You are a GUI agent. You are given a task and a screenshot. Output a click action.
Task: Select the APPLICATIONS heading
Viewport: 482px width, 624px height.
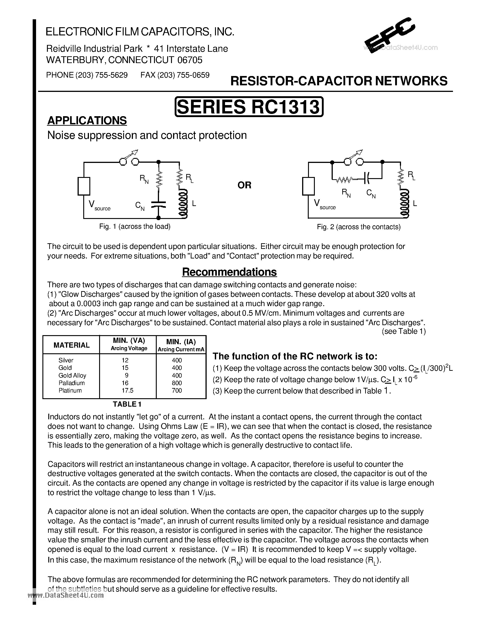(87, 120)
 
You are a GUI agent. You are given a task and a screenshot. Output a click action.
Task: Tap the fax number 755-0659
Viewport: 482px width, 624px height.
(193, 75)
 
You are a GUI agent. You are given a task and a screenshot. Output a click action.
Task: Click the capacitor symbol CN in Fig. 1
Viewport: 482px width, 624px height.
(158, 204)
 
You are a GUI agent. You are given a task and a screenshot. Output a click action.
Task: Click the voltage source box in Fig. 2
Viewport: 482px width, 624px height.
(308, 186)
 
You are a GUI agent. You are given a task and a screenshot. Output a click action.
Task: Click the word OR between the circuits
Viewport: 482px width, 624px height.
(245, 185)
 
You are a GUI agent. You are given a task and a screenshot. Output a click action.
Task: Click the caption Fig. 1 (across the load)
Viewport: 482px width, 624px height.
(135, 227)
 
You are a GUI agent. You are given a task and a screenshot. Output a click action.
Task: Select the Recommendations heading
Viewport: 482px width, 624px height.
(229, 272)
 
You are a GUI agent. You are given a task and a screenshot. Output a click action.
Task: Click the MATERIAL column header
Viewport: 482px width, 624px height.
(71, 345)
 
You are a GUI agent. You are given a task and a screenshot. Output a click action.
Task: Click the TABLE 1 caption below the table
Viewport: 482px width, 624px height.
(127, 404)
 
